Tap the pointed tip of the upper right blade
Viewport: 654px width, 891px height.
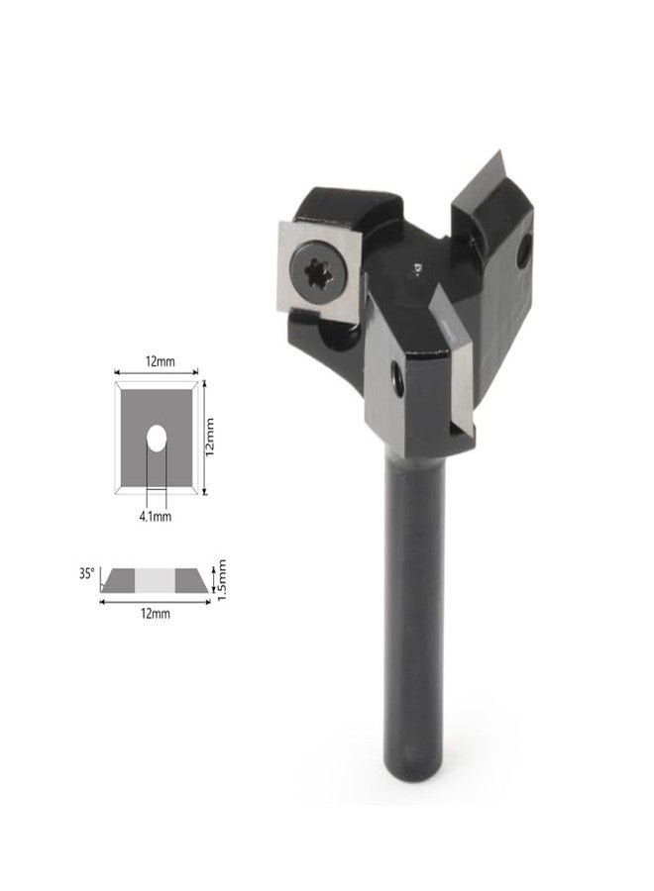(499, 151)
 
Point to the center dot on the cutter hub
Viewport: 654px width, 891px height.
(417, 267)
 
